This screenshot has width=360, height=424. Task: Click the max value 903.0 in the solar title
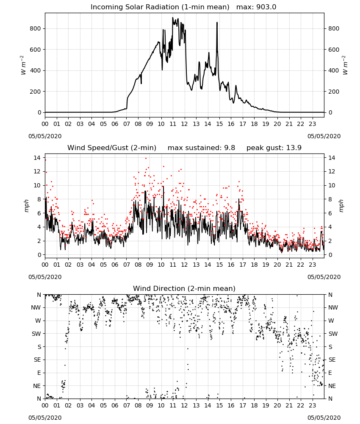pyautogui.click(x=266, y=7)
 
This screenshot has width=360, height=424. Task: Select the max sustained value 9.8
pyautogui.click(x=230, y=148)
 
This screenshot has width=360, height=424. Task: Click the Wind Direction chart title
pyautogui.click(x=184, y=288)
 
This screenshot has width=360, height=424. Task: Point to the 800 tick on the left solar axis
pyautogui.click(x=35, y=28)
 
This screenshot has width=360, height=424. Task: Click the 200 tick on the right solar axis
pyautogui.click(x=334, y=92)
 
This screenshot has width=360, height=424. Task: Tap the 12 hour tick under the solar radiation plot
pyautogui.click(x=184, y=124)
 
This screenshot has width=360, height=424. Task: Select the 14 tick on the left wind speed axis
pyautogui.click(x=37, y=158)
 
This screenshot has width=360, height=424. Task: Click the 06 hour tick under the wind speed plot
pyautogui.click(x=115, y=265)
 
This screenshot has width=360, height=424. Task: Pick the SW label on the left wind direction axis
pyautogui.click(x=36, y=334)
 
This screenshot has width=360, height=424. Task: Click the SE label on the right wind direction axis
pyautogui.click(x=332, y=360)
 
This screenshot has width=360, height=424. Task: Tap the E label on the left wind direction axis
pyautogui.click(x=39, y=373)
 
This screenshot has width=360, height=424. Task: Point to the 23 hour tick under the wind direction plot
pyautogui.click(x=312, y=405)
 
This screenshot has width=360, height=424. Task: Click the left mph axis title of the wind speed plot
pyautogui.click(x=26, y=206)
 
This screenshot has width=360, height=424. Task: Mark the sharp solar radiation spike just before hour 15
pyautogui.click(x=217, y=23)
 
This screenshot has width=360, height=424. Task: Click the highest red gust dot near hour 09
pyautogui.click(x=146, y=158)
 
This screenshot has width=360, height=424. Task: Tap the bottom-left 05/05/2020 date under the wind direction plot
pyautogui.click(x=45, y=418)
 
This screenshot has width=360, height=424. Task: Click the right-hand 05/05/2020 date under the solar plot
pyautogui.click(x=324, y=136)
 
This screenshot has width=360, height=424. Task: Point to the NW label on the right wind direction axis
pyautogui.click(x=333, y=307)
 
